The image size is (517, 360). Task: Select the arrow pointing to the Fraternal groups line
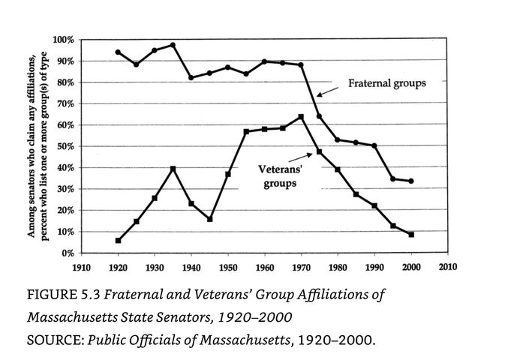coord(328,89)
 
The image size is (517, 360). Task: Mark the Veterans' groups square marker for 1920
coord(118,241)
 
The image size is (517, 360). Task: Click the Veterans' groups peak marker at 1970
coord(301,117)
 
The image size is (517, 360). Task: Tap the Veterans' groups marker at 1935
coord(173,169)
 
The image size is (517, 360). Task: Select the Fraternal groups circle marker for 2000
coord(411,181)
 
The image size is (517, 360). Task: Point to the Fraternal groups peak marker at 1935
coord(173,45)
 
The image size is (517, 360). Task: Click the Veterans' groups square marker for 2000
coord(411,235)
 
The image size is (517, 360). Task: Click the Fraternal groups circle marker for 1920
coord(118,52)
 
